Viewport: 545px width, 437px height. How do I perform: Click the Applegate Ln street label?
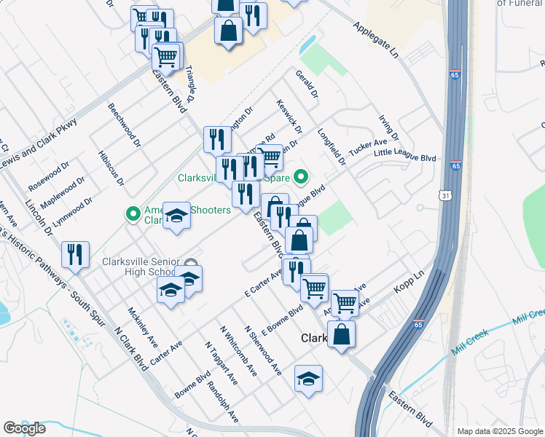377,40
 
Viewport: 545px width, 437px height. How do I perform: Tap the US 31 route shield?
446,195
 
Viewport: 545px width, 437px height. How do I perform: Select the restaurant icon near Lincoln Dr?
75,254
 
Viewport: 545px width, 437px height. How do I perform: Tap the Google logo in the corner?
24,428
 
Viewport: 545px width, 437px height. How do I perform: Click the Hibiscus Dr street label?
110,168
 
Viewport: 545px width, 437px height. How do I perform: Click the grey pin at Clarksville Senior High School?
190,263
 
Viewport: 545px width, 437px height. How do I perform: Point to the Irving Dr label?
389,127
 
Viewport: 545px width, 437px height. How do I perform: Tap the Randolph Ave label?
222,402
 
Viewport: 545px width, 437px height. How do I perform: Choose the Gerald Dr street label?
307,84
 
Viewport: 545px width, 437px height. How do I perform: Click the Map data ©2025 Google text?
499,431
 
